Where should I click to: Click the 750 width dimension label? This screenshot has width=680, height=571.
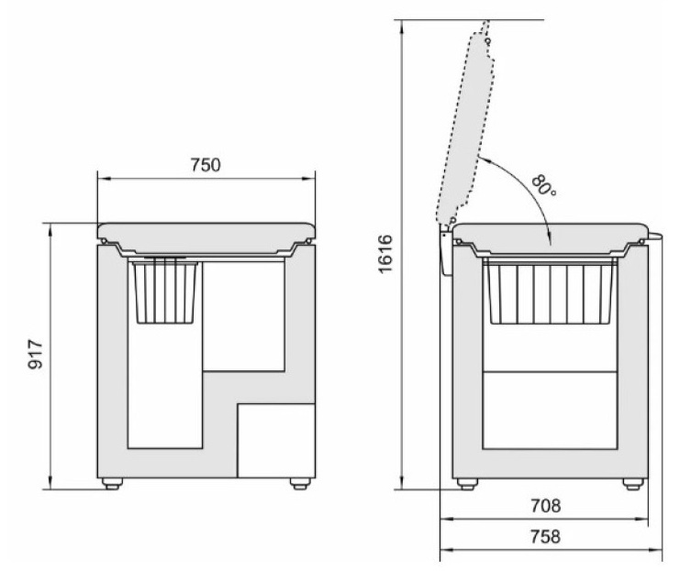[206, 165]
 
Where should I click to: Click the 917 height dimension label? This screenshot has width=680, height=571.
[36, 355]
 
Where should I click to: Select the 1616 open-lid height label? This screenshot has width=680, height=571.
[385, 254]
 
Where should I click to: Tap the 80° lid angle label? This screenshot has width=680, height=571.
[542, 185]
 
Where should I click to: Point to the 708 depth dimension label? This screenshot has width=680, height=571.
[546, 506]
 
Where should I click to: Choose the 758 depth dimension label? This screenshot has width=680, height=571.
[546, 537]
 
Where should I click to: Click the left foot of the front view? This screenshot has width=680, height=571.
[112, 484]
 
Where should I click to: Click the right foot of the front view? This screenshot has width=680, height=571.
[300, 484]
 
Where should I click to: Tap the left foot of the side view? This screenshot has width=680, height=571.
[467, 484]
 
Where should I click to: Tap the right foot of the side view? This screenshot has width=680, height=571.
[633, 484]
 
